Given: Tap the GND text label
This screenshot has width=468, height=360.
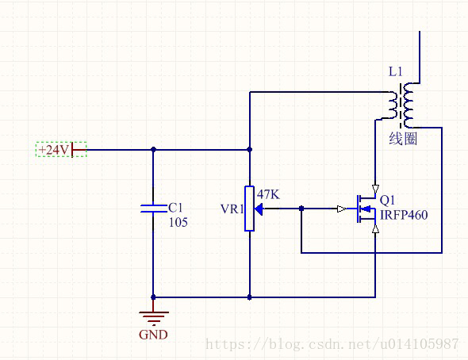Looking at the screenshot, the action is pyautogui.click(x=153, y=335).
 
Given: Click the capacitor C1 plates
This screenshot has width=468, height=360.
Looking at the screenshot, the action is pyautogui.click(x=153, y=209).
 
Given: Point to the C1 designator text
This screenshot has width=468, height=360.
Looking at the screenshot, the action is pyautogui.click(x=175, y=208).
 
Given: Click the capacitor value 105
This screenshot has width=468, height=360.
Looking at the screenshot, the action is pyautogui.click(x=178, y=222).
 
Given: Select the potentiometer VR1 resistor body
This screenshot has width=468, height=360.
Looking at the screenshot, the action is pyautogui.click(x=249, y=209).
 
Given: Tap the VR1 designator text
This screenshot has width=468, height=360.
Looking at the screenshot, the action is pyautogui.click(x=232, y=209).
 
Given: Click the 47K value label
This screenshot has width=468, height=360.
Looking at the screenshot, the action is pyautogui.click(x=268, y=194).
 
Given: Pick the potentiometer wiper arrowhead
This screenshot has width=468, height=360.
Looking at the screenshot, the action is pyautogui.click(x=259, y=209).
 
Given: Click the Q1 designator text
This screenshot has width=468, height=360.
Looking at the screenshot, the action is pyautogui.click(x=387, y=200).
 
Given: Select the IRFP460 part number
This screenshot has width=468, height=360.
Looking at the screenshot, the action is pyautogui.click(x=404, y=215).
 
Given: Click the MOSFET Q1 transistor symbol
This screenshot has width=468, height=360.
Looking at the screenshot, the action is pyautogui.click(x=366, y=209).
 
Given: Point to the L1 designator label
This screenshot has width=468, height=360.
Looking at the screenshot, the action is pyautogui.click(x=396, y=71).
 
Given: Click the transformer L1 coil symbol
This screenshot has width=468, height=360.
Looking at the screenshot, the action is pyautogui.click(x=401, y=105).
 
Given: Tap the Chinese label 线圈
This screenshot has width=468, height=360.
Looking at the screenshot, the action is pyautogui.click(x=403, y=139).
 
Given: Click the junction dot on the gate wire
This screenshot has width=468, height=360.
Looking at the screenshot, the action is pyautogui.click(x=301, y=209).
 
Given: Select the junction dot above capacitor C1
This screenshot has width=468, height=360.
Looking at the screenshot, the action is pyautogui.click(x=153, y=149).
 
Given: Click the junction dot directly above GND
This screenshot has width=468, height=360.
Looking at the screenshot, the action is pyautogui.click(x=153, y=297).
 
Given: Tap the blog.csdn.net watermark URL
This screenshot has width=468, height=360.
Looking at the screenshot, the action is pyautogui.click(x=332, y=344).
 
